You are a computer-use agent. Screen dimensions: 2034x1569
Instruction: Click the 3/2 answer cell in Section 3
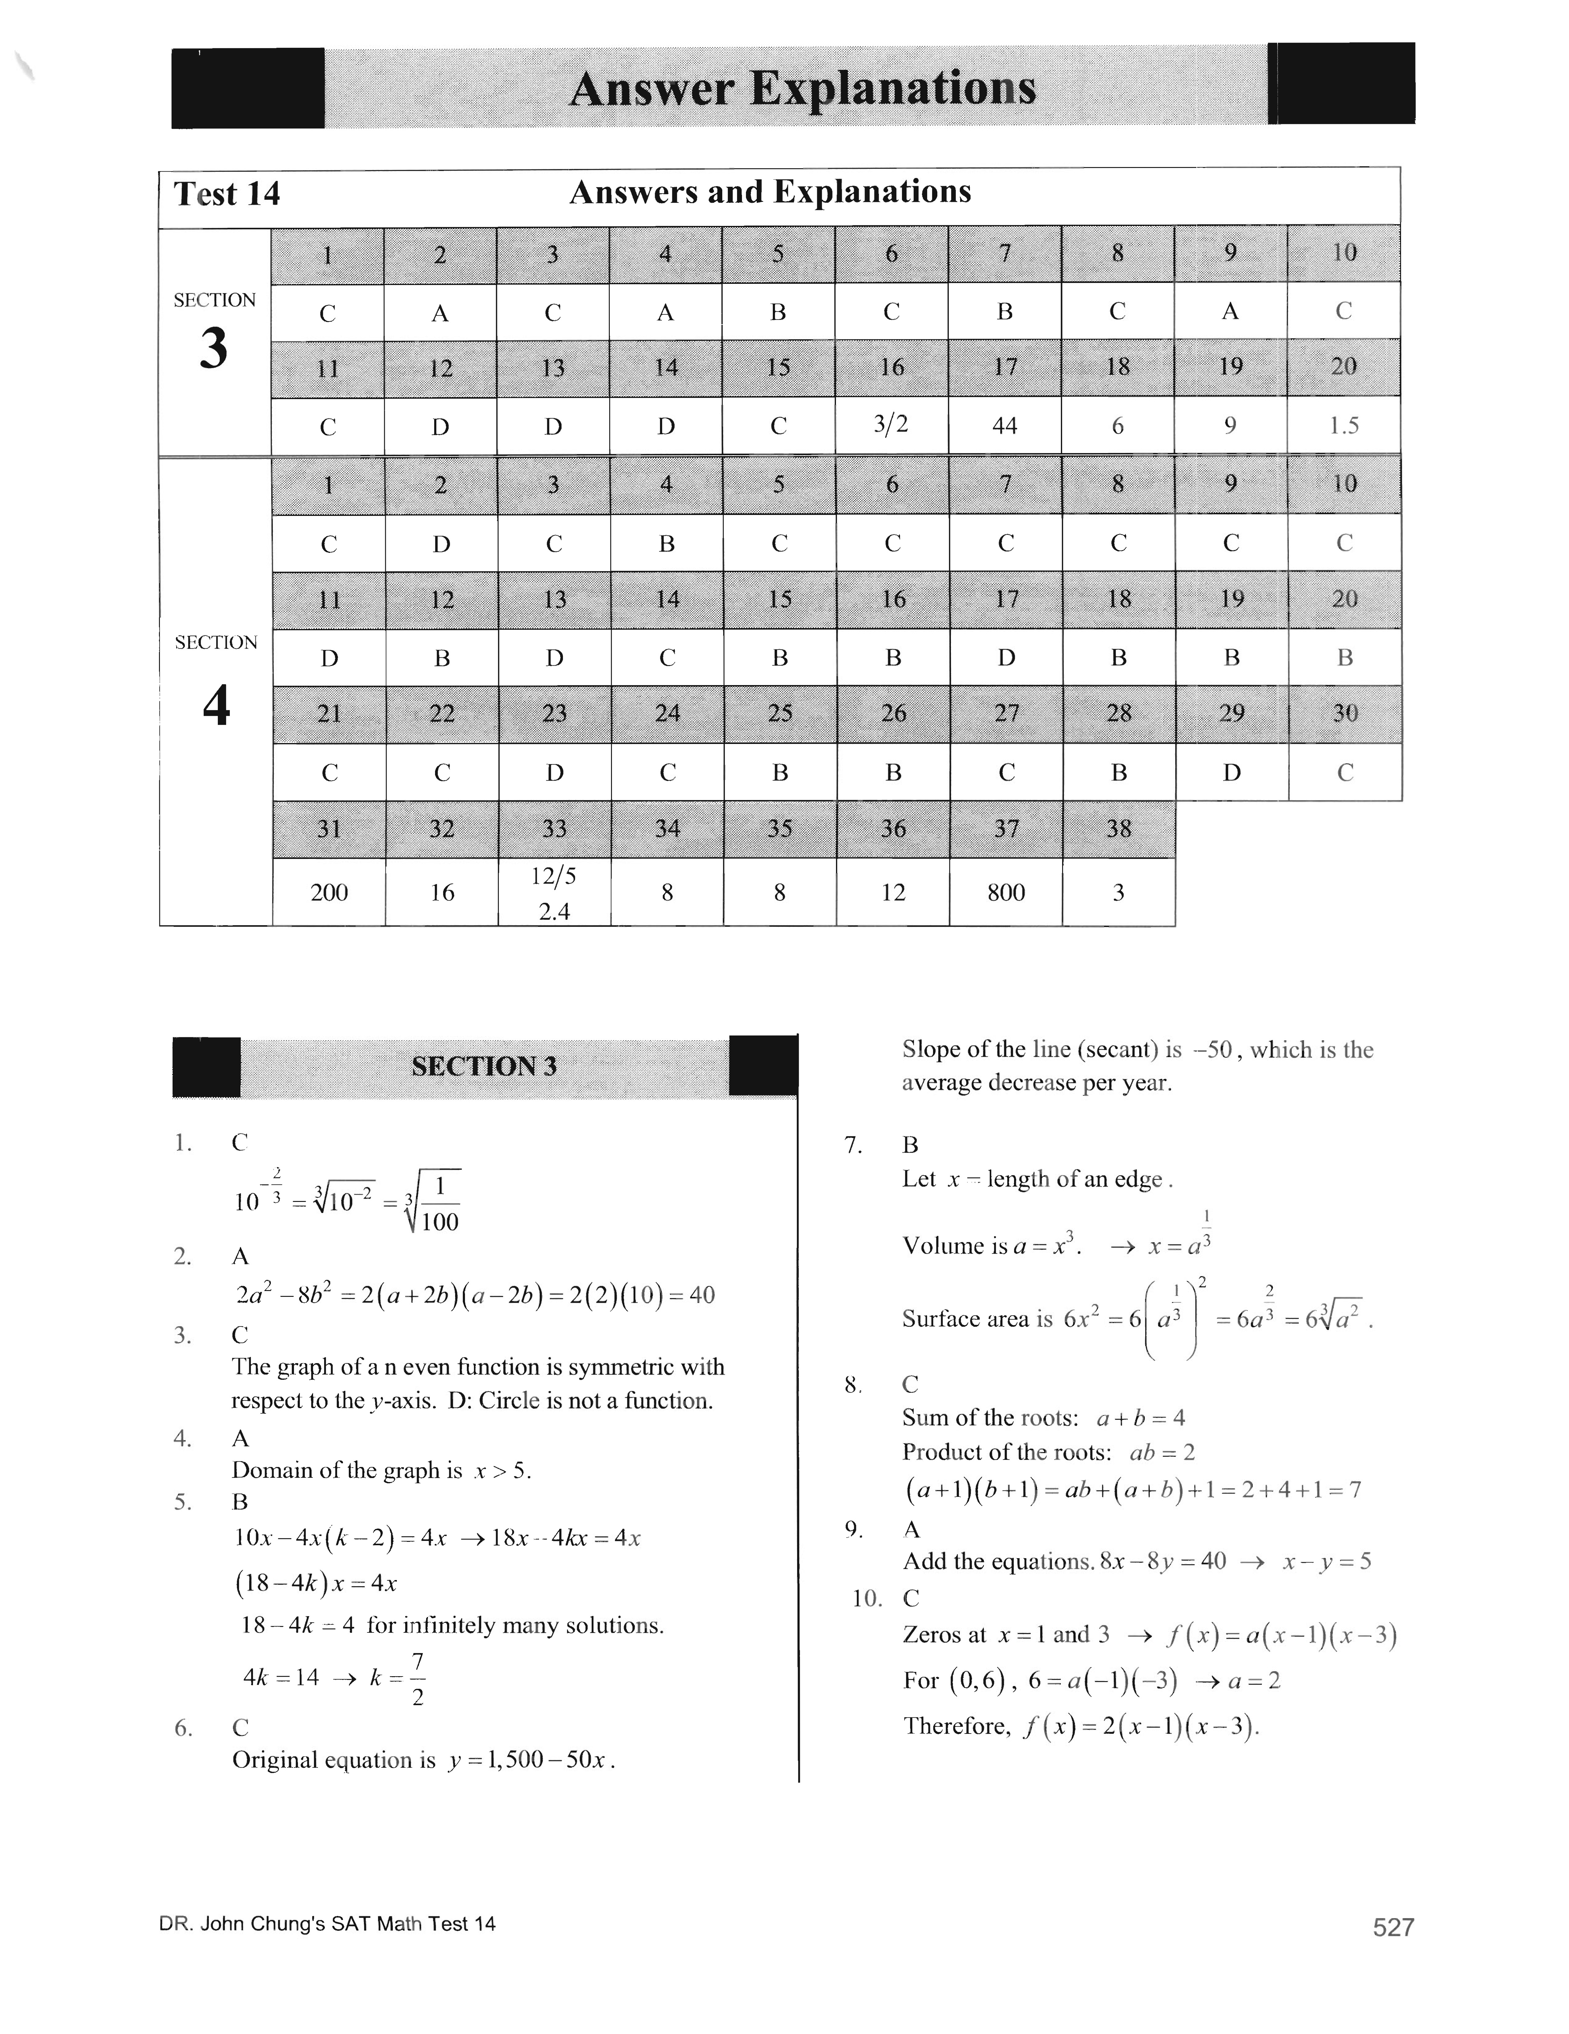891,425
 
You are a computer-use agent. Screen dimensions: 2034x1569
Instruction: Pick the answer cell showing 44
1005,426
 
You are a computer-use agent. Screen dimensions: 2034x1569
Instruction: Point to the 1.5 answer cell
1344,426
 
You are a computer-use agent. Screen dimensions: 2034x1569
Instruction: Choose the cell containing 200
329,892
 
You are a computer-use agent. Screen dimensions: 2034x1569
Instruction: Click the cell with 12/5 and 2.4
554,892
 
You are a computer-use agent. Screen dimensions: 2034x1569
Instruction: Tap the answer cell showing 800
1006,892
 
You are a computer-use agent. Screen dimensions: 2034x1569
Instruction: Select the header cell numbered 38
1118,828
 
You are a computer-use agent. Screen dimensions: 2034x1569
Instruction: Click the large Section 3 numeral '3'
214,349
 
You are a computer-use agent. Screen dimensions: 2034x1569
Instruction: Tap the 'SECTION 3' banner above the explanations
484,1065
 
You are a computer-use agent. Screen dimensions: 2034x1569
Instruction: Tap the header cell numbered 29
1231,713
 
